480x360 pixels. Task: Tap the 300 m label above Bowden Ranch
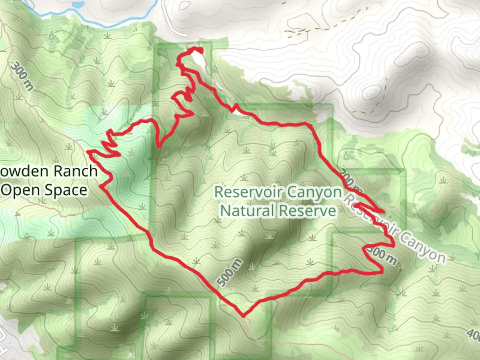click(x=22, y=76)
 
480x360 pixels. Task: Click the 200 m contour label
click(x=350, y=181)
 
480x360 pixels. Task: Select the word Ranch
click(x=75, y=171)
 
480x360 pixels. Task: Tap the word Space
click(x=66, y=190)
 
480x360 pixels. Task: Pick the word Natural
click(x=247, y=211)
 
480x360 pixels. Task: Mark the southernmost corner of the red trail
click(x=243, y=315)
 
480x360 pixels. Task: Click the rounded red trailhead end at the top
click(x=200, y=50)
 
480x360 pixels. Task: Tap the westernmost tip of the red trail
click(x=88, y=152)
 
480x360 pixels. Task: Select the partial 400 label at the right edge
click(x=474, y=333)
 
